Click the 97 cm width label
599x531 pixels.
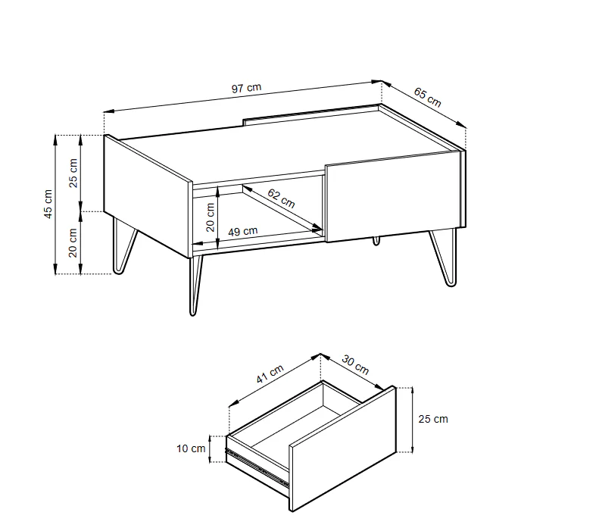pos(246,88)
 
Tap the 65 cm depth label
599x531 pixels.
pos(427,97)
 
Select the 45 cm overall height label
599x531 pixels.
pos(48,204)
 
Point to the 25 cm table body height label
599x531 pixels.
pos(73,173)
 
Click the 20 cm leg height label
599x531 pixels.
pos(73,242)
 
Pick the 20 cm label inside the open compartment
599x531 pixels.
pos(211,217)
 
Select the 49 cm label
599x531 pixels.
pos(242,231)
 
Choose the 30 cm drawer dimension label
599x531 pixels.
pos(355,365)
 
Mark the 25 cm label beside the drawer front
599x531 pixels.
pos(432,419)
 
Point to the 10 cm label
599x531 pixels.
pos(191,448)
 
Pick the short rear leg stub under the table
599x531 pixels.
pos(376,240)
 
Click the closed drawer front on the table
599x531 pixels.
pos(392,195)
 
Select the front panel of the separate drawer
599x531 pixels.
pos(342,450)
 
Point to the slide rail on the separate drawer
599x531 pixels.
pos(257,467)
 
